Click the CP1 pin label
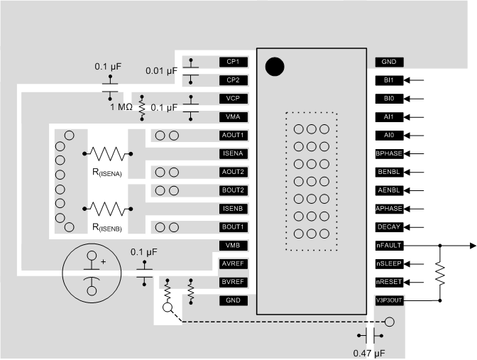pyautogui.click(x=234, y=62)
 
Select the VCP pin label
pyautogui.click(x=234, y=99)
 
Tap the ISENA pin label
pyautogui.click(x=234, y=153)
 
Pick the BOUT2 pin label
pyautogui.click(x=234, y=190)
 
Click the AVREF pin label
pyautogui.click(x=234, y=264)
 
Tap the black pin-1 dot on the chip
pyautogui.click(x=275, y=67)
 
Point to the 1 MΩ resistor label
pyautogui.click(x=123, y=107)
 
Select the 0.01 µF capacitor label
pyautogui.click(x=162, y=70)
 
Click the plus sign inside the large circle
pyautogui.click(x=103, y=262)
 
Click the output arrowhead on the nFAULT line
pyautogui.click(x=471, y=246)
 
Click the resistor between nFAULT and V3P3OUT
pyautogui.click(x=440, y=273)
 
